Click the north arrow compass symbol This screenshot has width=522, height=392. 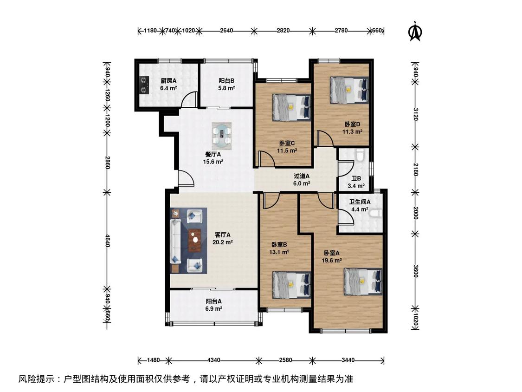coord(415,32)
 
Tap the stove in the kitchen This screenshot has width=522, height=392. coord(144,85)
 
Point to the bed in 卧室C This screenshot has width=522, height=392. coord(292,107)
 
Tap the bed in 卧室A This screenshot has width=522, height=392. coord(363,282)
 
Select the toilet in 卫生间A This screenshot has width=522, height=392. coord(376,213)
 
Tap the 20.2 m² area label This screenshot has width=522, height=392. coord(222,242)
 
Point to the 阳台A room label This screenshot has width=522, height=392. coord(213,301)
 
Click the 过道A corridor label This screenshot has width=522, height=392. coord(302,176)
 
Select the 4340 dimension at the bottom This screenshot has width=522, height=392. coord(213,360)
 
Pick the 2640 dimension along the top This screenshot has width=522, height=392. coord(226,31)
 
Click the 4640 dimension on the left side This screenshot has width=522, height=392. coord(107,241)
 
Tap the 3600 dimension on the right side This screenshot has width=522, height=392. coord(415,271)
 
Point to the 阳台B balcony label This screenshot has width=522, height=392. coord(226,81)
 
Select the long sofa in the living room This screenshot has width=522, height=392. coord(175,241)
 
